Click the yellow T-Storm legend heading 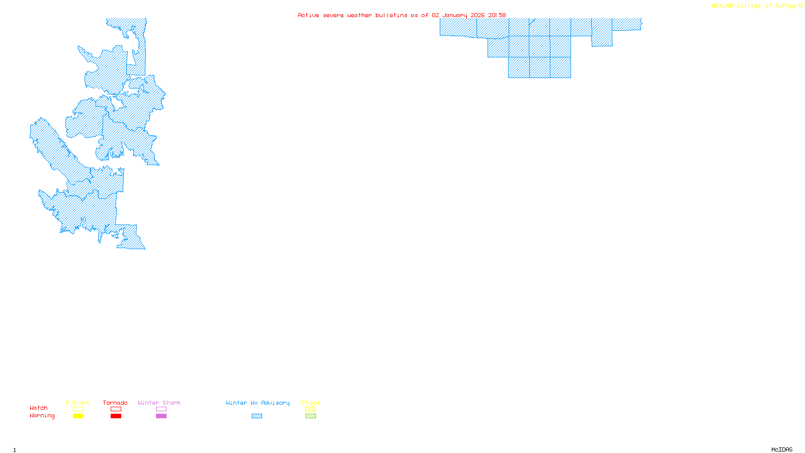coord(77,403)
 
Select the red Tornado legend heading coord(115,403)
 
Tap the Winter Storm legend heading coord(159,403)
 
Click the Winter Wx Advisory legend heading coord(258,403)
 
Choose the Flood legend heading coord(310,403)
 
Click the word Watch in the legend coord(39,408)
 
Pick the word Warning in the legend coord(42,416)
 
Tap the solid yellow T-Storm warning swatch coord(78,416)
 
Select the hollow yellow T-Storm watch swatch coord(78,409)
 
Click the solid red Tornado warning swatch coord(116,416)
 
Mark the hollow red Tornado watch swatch coord(116,409)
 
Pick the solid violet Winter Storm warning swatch coord(161,416)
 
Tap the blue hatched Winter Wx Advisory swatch coord(257,416)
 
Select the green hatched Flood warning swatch coord(310,416)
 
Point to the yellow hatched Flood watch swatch coord(310,409)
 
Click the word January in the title coord(455,15)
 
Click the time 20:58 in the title coord(497,15)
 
